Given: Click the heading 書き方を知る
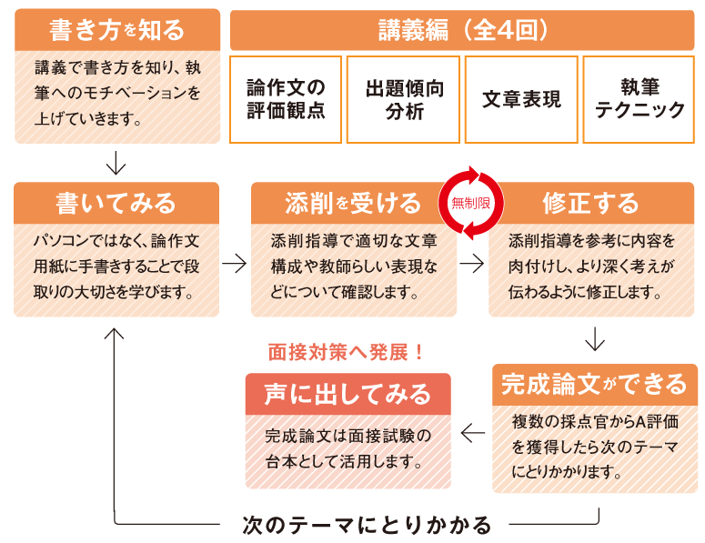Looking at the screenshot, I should (x=116, y=29).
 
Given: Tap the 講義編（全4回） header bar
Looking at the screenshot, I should (x=462, y=29).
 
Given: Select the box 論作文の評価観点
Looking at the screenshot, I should (x=286, y=99).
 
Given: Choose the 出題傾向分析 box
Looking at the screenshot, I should (x=404, y=99).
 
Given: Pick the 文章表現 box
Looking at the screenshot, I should (x=521, y=99).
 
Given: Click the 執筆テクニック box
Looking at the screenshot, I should (x=640, y=99).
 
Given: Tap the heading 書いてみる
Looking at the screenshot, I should (x=116, y=202).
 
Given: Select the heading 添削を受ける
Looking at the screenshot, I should (x=353, y=202).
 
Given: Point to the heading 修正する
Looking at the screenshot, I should (x=591, y=202).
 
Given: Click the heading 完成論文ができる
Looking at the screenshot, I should (x=595, y=384).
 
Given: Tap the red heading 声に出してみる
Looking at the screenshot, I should (x=347, y=393).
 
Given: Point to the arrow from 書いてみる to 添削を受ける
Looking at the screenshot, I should (x=235, y=264).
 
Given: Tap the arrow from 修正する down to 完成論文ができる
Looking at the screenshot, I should (x=595, y=338).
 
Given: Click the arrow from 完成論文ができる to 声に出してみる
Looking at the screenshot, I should (x=473, y=434).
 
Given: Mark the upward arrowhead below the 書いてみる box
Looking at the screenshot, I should (x=116, y=335).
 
